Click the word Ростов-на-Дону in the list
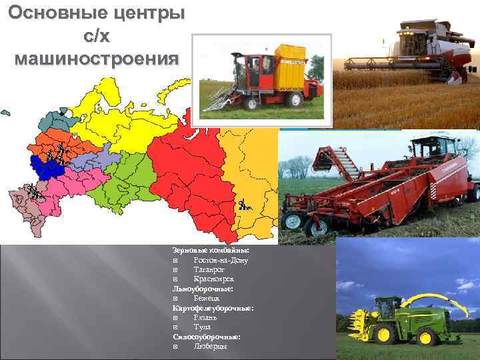click(x=221, y=260)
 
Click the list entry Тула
click(x=202, y=327)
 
